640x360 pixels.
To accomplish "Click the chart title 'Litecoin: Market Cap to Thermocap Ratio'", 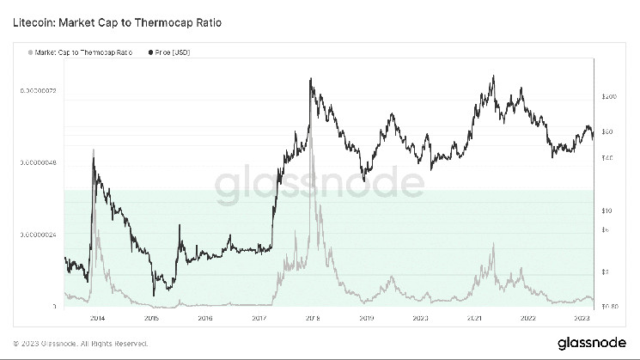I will pyautogui.click(x=119, y=21).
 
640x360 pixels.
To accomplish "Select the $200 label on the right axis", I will pyautogui.click(x=610, y=97).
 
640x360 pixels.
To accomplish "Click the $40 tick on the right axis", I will pyautogui.click(x=607, y=158).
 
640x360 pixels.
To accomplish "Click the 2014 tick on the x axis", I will pyautogui.click(x=97, y=317).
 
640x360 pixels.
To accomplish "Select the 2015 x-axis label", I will pyautogui.click(x=151, y=317).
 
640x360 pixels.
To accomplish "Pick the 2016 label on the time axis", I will pyautogui.click(x=204, y=317).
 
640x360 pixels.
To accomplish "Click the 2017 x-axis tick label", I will pyautogui.click(x=259, y=317).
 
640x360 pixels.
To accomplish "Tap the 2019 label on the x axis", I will pyautogui.click(x=366, y=317).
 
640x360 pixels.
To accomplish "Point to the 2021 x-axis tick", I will pyautogui.click(x=474, y=317).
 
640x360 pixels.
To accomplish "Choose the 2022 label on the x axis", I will pyautogui.click(x=527, y=317).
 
